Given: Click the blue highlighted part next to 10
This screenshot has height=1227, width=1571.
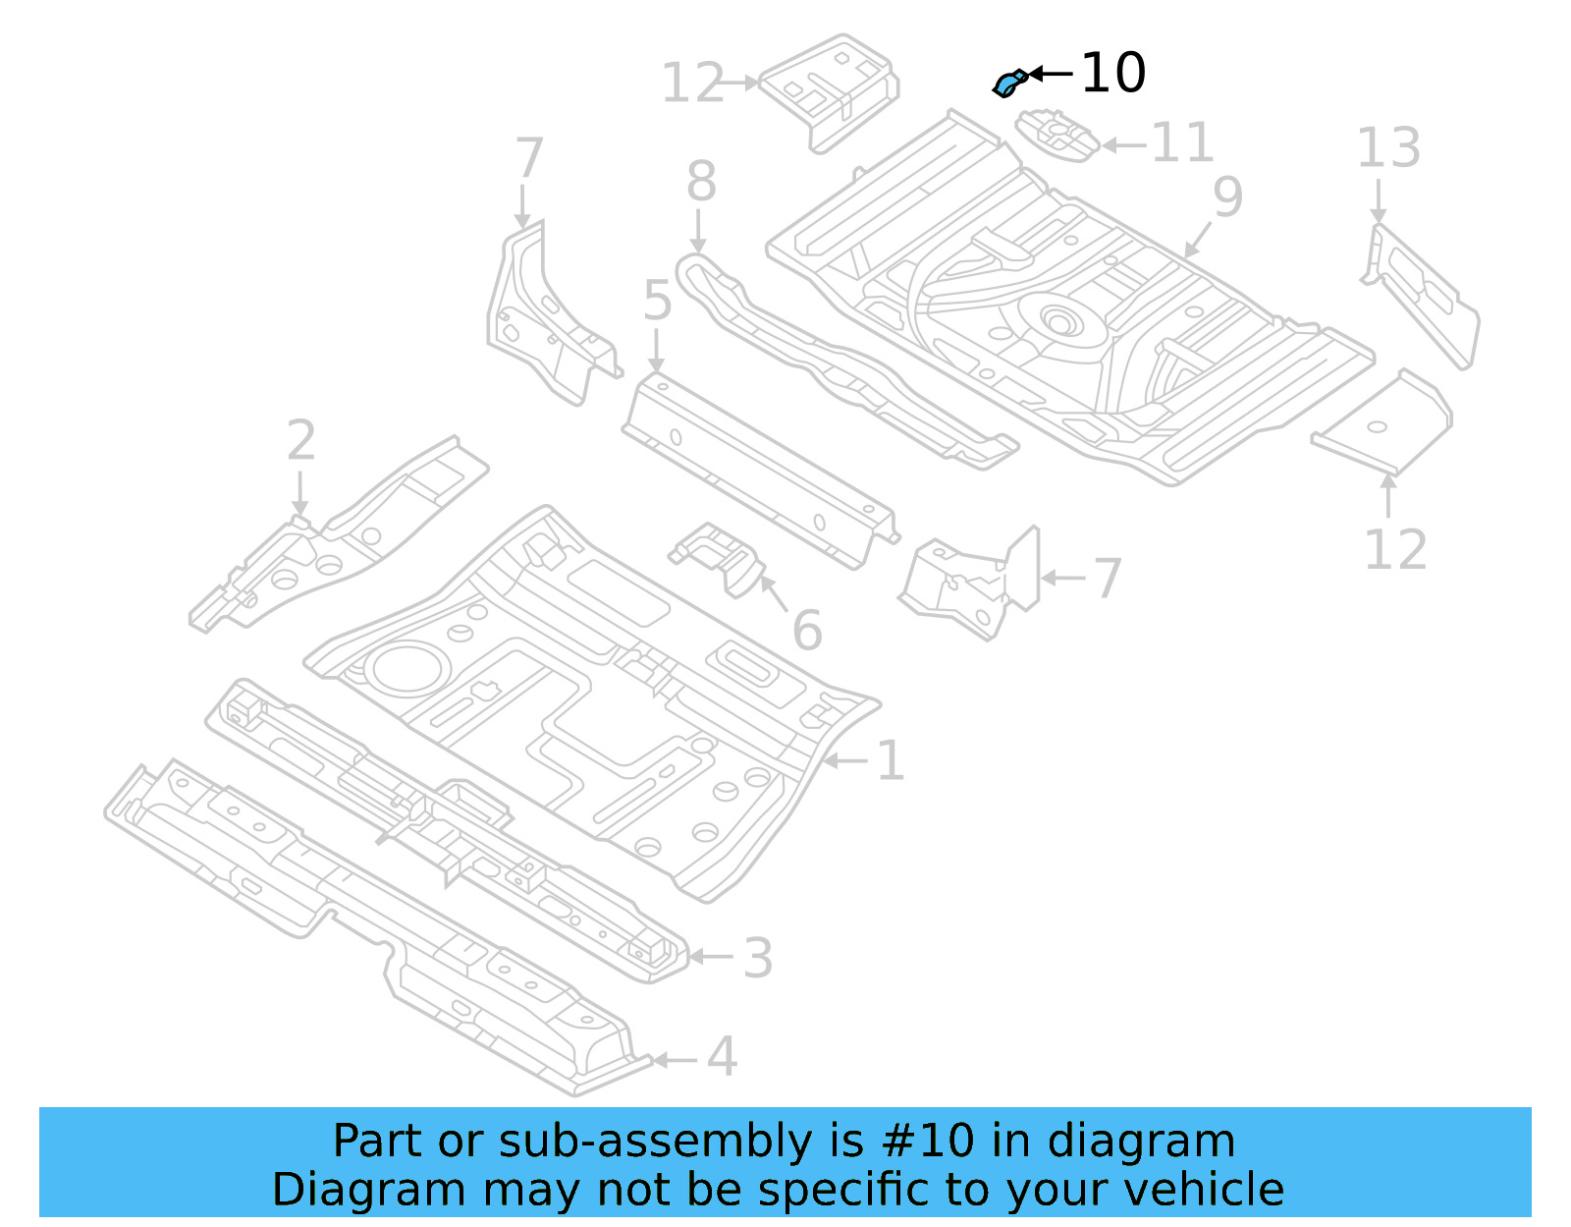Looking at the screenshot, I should (1008, 84).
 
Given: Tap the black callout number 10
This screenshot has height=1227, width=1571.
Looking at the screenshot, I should (1113, 74).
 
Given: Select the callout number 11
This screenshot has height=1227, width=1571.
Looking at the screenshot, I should (1182, 143).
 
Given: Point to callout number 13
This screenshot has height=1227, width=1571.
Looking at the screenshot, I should (1388, 148).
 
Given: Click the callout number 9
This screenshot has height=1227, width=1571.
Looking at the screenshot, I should (1227, 196).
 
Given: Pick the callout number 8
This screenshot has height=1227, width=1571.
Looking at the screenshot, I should (701, 182).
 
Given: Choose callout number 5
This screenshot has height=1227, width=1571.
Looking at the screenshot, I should (657, 301).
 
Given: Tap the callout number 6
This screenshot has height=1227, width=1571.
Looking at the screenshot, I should (807, 630).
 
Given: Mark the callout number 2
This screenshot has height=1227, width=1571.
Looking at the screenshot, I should (301, 440).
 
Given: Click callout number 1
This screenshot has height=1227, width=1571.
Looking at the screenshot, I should (890, 761).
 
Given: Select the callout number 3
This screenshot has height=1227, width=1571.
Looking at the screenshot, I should (757, 958).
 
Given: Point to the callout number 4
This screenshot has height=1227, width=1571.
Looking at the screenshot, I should (722, 1057).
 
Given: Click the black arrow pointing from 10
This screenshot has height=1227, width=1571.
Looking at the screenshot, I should (1051, 74).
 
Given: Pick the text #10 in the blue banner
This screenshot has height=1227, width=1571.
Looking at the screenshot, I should (928, 1142).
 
